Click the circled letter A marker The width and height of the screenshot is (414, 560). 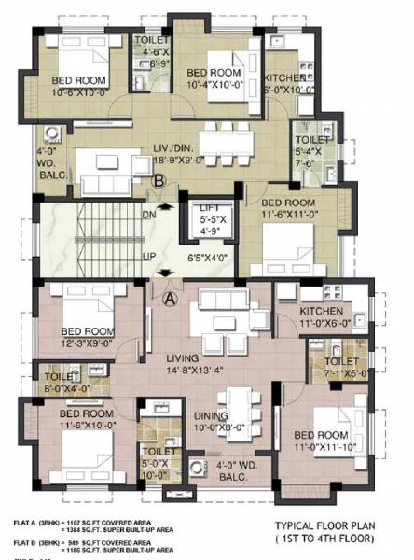click(171, 299)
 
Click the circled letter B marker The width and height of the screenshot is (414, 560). click(160, 182)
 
